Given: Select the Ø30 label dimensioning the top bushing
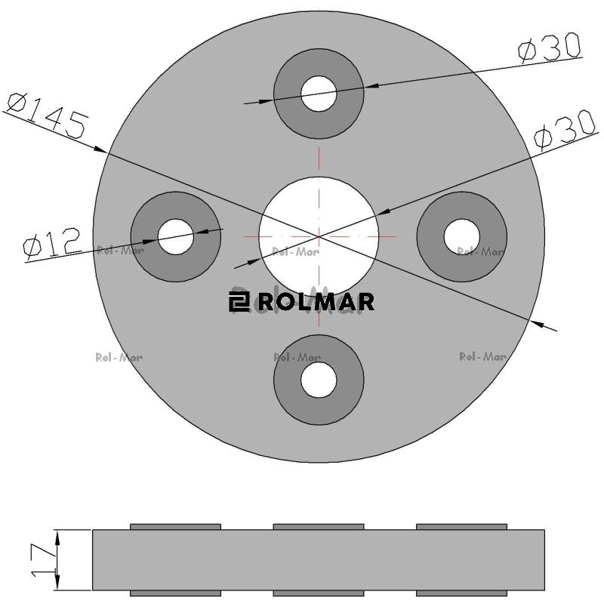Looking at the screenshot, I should click(x=550, y=49).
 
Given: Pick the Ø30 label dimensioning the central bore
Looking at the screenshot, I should click(x=565, y=132).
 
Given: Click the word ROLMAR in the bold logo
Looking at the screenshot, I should click(x=316, y=303).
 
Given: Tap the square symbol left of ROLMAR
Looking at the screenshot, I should click(x=238, y=303).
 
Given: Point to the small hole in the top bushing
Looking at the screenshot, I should click(x=319, y=94).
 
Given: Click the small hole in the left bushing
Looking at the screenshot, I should click(x=176, y=236).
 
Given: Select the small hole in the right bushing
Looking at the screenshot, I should click(x=461, y=236).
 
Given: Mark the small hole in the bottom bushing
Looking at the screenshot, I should click(x=319, y=379).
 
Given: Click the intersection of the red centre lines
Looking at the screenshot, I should click(x=319, y=236).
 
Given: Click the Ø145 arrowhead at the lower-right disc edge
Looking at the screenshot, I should click(x=538, y=323).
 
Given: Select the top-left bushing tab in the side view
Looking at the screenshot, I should click(x=175, y=526).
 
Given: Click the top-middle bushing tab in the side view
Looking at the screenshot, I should click(x=318, y=526).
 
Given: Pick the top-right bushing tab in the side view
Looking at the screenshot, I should click(x=461, y=526).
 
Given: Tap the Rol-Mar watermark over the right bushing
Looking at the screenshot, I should click(x=481, y=251).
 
